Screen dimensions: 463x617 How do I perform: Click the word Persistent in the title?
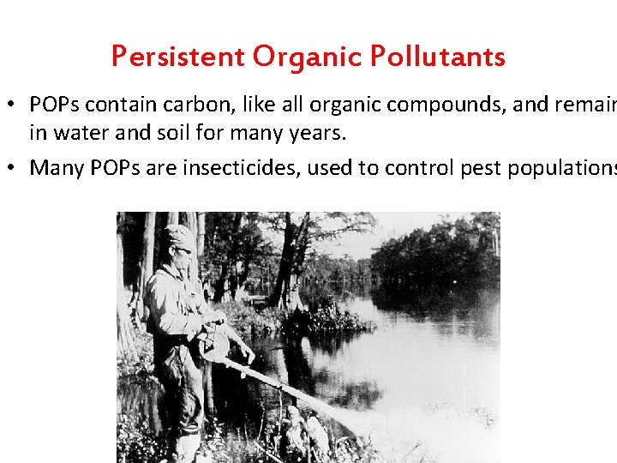(x=177, y=57)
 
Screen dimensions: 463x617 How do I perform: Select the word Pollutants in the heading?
(x=438, y=57)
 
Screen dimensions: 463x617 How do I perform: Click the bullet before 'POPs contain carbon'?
(x=15, y=105)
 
